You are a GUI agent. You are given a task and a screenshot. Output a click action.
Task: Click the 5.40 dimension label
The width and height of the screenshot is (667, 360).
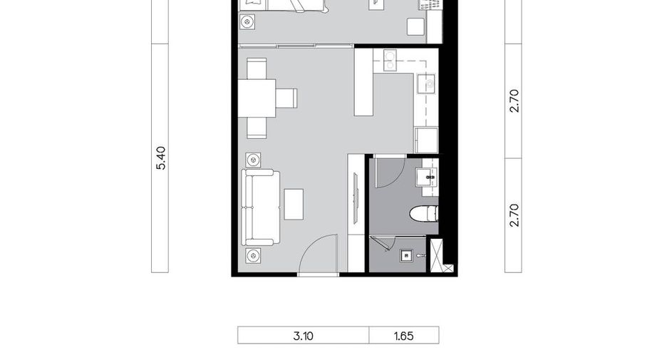161,158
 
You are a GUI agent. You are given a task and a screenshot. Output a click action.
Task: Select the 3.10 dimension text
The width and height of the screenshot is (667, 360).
304,336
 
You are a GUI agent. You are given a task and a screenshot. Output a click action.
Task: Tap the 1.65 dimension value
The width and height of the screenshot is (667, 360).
403,336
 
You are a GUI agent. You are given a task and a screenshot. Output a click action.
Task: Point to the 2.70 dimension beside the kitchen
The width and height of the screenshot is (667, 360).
515,101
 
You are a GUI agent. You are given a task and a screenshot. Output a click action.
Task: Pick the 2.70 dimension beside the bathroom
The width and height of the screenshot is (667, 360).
515,215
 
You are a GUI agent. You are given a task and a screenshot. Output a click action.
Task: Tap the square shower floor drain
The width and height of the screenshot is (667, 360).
406,255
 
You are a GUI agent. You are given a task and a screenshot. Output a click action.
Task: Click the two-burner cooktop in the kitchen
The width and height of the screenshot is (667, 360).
390,60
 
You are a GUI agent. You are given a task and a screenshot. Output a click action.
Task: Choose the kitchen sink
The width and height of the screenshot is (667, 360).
426,83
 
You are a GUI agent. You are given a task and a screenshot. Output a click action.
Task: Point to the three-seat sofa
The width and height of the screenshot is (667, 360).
261,207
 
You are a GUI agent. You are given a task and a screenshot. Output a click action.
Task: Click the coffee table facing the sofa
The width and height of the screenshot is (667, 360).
294,205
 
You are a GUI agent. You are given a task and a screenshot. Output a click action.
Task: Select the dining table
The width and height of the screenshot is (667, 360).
257,98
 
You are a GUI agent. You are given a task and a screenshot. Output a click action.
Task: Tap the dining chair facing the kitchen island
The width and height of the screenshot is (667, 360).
286,98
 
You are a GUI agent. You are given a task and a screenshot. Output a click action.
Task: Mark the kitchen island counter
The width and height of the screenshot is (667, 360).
363,82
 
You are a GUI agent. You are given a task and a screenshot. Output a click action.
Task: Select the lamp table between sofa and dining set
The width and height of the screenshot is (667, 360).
254,160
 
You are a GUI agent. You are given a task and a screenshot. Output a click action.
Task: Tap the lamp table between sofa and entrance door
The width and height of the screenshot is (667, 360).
254,256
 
